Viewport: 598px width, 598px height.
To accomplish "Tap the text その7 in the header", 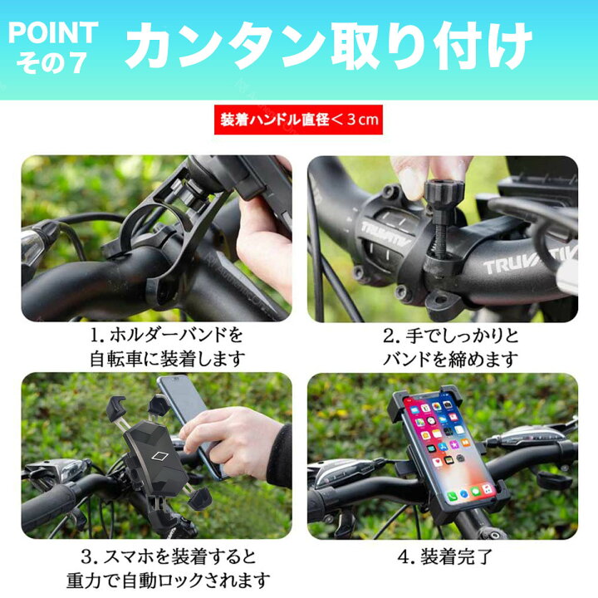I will point(51,64).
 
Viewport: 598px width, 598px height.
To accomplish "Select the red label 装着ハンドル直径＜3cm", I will point(298,120).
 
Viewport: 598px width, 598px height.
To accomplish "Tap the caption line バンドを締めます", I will point(451,360).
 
